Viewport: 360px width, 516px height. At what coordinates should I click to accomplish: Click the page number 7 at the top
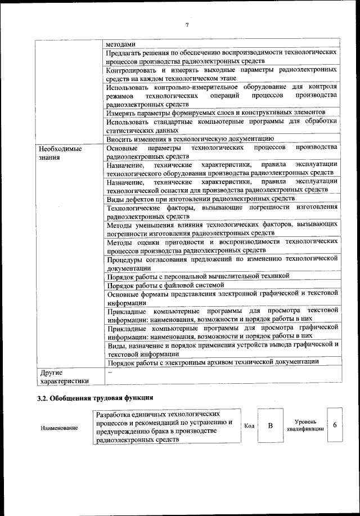187,25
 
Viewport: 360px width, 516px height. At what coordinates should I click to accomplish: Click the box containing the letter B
269,425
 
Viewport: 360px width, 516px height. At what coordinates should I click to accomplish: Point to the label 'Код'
249,425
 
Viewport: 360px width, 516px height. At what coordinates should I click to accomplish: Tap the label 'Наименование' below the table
59,429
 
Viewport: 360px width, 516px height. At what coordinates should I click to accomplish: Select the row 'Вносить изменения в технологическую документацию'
190,138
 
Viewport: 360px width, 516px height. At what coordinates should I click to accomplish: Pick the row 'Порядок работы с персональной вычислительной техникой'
197,276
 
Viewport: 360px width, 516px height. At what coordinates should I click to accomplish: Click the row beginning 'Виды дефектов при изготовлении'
200,199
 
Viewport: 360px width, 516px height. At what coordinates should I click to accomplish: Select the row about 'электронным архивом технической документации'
214,362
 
